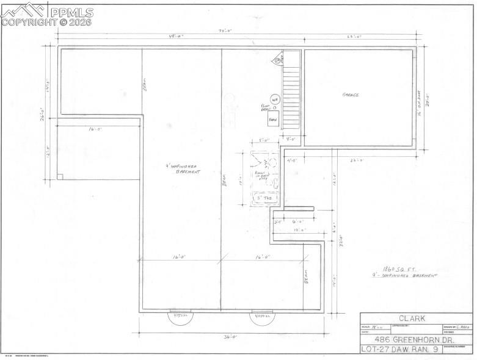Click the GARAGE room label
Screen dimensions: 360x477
(350, 95)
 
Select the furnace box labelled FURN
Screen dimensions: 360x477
(273, 121)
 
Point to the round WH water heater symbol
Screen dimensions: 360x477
(275, 99)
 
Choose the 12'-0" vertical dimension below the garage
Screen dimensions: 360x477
(335, 178)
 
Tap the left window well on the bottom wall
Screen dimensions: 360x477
(180, 317)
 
